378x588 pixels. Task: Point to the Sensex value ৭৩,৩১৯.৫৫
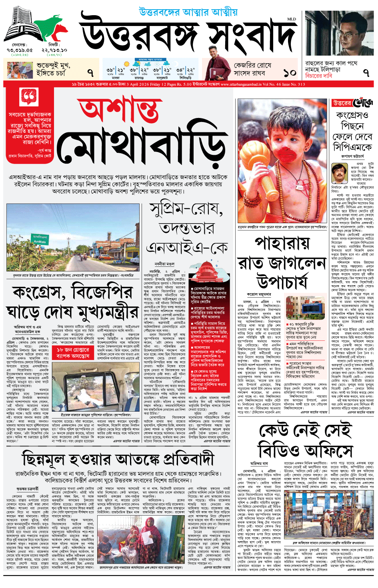tap(20, 50)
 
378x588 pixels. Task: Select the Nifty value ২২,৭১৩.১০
tap(54, 50)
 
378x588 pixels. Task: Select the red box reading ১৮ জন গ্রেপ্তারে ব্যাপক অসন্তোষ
tap(73, 352)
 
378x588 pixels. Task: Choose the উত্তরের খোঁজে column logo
tap(353, 103)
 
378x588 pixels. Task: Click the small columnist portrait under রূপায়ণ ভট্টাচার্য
tap(339, 173)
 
